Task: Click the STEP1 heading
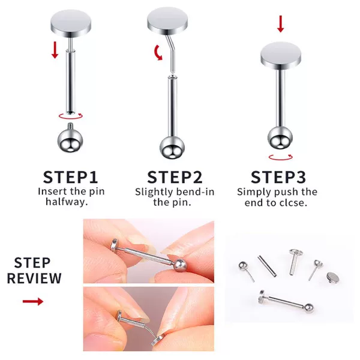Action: (70, 177)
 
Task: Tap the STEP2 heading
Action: (175, 177)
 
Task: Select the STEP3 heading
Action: (278, 177)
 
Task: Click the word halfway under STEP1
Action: (67, 202)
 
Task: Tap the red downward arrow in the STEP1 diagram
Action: (55, 50)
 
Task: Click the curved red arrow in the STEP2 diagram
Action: (157, 53)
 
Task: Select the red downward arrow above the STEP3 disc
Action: (281, 24)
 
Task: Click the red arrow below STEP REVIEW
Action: (33, 301)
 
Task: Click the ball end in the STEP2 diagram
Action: (172, 148)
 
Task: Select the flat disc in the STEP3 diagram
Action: (281, 56)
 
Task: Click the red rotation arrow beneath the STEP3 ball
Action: (281, 157)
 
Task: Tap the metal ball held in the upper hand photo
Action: (180, 265)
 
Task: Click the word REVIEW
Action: (34, 278)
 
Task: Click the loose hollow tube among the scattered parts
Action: (267, 266)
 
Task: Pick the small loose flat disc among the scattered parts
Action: (332, 278)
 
